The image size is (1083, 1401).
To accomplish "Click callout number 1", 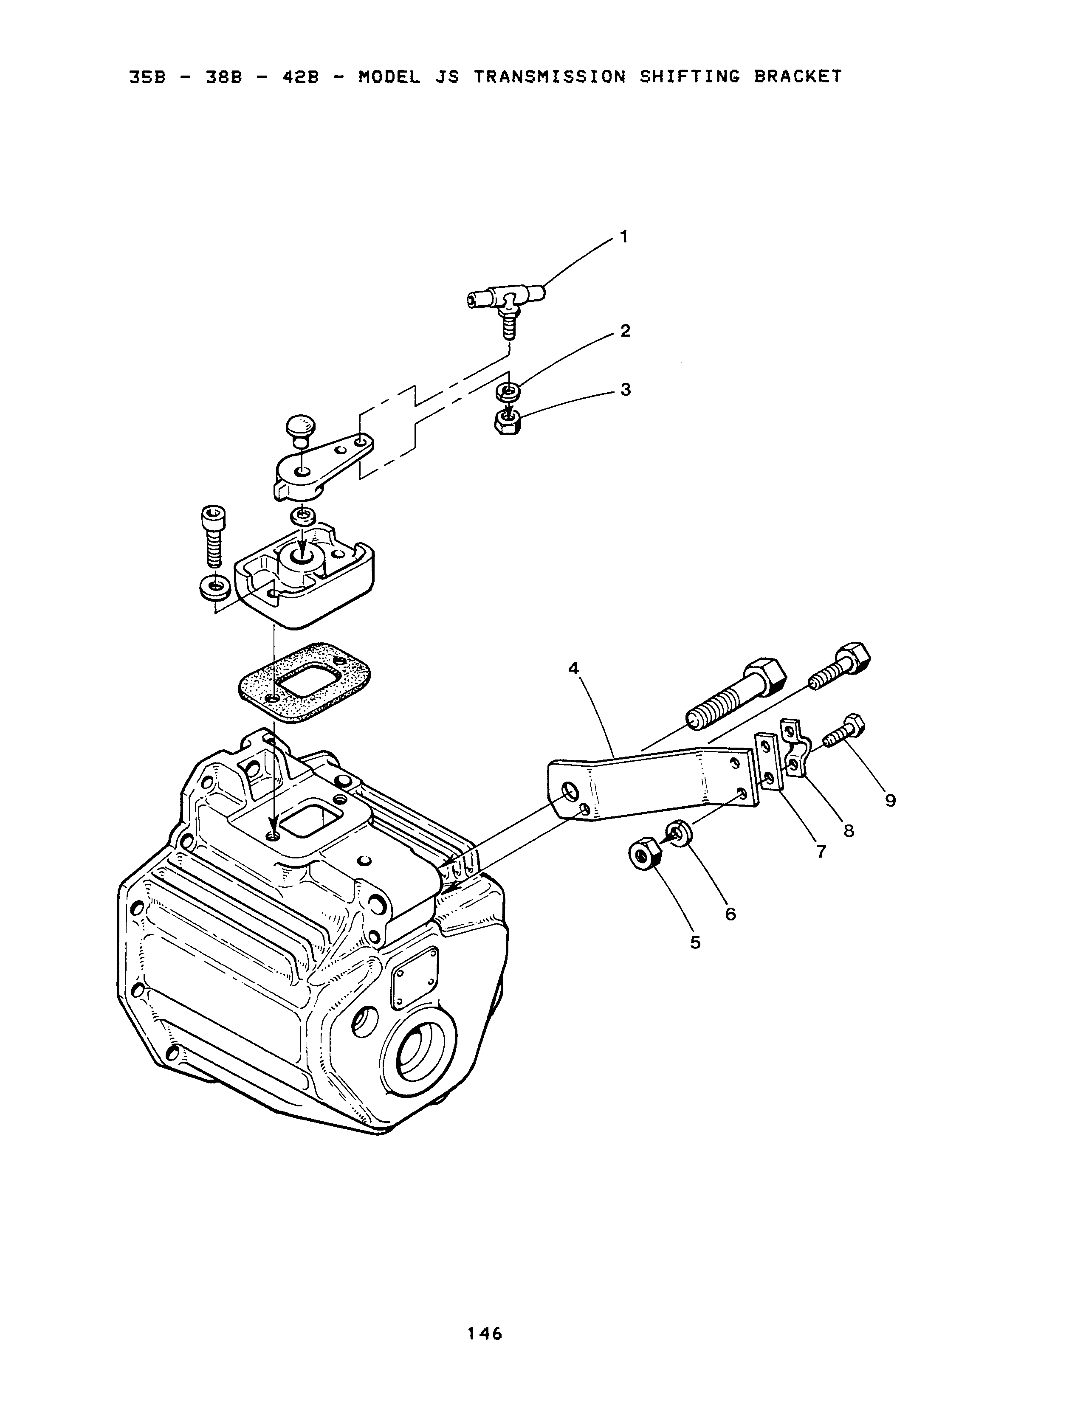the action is [x=623, y=237].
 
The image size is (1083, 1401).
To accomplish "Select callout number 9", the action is [x=891, y=801].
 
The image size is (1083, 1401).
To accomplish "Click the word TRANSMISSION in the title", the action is [x=550, y=77].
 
